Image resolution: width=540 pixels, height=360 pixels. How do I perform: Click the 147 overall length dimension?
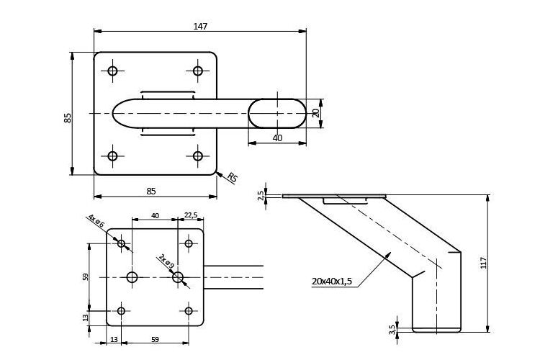tap(200, 26)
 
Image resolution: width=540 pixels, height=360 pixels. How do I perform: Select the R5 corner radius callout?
tap(233, 177)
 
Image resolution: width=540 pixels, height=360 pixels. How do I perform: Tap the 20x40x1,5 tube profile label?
tap(332, 281)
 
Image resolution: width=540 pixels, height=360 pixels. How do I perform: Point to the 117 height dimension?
tap(484, 263)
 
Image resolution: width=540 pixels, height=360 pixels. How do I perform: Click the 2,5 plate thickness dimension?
tap(261, 196)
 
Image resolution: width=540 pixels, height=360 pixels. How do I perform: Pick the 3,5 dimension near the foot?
tap(392, 330)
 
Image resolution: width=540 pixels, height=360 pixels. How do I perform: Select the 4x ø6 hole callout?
tap(96, 220)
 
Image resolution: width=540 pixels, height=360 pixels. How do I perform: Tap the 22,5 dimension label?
tap(191, 215)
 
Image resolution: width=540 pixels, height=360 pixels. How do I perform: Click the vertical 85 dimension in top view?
tap(68, 117)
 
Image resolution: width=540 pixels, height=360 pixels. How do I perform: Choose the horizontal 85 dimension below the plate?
tap(151, 191)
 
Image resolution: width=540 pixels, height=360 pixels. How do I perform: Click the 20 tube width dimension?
tap(315, 112)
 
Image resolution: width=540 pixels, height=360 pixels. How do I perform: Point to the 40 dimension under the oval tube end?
tap(277, 138)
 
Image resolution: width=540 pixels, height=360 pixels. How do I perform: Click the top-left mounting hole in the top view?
tap(112, 71)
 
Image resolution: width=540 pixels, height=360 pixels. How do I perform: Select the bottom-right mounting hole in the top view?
tap(198, 156)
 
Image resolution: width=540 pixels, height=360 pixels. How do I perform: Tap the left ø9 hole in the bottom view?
tap(132, 277)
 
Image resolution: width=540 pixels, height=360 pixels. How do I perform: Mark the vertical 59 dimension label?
tap(86, 277)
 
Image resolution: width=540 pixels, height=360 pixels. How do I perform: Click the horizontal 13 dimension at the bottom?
tap(114, 340)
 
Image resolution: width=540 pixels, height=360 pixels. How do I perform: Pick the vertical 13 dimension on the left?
tap(86, 318)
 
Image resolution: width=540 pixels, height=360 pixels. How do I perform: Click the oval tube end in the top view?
tap(277, 113)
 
